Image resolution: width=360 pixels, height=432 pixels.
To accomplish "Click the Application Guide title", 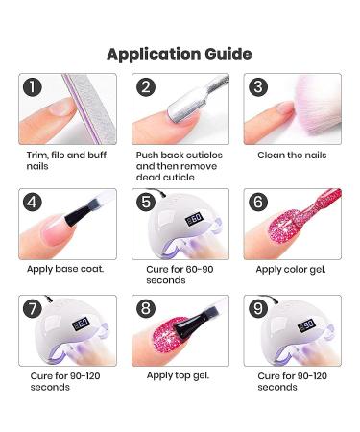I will coord(180,53).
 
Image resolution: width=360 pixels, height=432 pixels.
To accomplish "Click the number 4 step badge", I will coord(34,203).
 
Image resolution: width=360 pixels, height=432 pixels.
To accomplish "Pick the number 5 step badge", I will coord(146,203).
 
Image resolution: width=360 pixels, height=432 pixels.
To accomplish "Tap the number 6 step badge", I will coord(258,203).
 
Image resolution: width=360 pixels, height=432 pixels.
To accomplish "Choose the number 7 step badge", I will coord(34,310).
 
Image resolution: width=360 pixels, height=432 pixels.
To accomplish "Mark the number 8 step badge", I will coord(146,310).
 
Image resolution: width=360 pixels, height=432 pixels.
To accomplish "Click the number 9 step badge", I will coord(258,310).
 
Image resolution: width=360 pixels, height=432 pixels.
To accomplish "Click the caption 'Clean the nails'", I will coord(292,155).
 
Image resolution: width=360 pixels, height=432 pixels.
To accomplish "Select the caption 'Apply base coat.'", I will coord(65,269).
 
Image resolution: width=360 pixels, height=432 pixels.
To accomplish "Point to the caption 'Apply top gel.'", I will coord(178,375).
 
